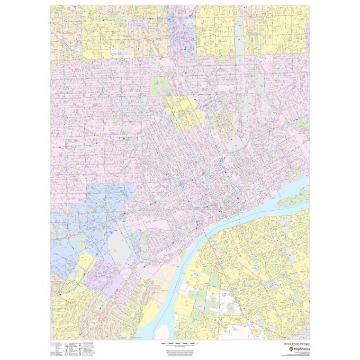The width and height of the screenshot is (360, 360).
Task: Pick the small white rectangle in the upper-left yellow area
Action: point(120,52)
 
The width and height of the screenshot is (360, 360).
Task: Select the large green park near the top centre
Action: point(158,85)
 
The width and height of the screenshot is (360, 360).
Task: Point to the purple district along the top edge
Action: point(183,32)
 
